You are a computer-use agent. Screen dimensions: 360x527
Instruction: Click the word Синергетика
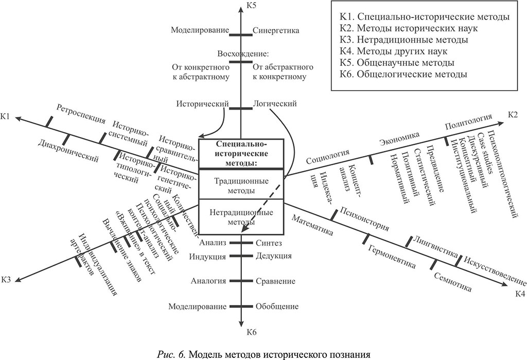(x=276, y=30)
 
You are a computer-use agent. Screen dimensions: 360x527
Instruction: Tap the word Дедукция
(x=273, y=256)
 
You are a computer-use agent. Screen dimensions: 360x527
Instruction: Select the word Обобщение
(x=277, y=306)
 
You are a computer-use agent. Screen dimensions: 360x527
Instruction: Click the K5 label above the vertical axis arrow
(x=251, y=6)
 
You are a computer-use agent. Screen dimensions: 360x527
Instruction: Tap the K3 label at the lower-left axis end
(x=6, y=280)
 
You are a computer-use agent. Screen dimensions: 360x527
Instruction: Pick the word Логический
(x=275, y=104)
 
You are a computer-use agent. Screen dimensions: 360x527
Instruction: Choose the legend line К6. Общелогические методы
(x=403, y=74)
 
